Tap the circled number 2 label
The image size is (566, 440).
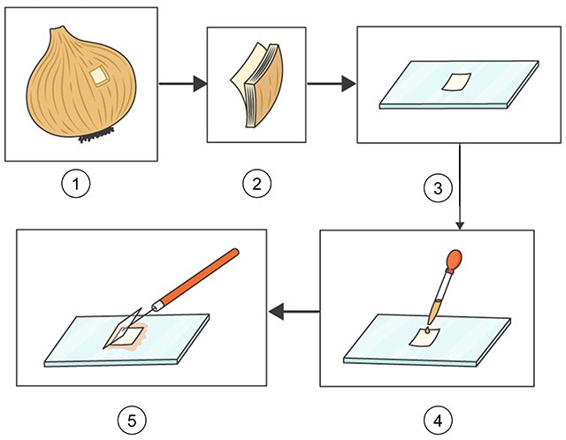tap(256, 185)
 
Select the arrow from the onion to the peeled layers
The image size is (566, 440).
tap(181, 84)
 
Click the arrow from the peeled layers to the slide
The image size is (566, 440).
tap(331, 84)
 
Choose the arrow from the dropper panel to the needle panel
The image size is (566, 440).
tap(294, 310)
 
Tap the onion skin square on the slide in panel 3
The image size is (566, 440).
tap(455, 81)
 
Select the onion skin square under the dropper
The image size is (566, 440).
tap(426, 339)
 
